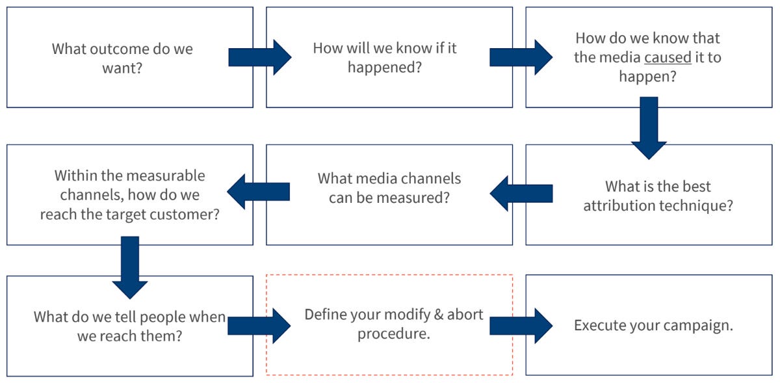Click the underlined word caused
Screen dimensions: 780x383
[x=668, y=57]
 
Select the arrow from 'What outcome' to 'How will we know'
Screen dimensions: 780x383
[x=260, y=57]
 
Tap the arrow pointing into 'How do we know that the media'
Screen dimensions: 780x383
[x=521, y=57]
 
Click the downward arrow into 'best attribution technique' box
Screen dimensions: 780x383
[x=649, y=128]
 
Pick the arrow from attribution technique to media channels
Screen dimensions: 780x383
[x=521, y=193]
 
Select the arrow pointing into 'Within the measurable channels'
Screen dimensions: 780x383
[x=258, y=192]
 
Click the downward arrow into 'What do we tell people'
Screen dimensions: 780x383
[x=130, y=268]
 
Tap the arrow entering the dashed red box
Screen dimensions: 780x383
[x=259, y=326]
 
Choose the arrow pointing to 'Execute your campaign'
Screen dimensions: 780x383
[x=521, y=326]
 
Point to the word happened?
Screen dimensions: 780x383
[x=385, y=67]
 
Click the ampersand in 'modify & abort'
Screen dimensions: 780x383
[x=439, y=315]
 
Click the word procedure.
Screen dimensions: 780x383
[x=394, y=334]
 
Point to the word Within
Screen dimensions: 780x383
[x=75, y=176]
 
